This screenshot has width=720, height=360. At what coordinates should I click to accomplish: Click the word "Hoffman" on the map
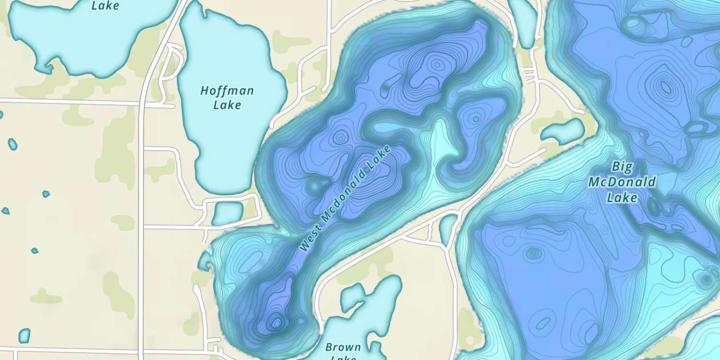227,91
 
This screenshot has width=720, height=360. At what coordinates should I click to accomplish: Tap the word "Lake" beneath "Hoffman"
227,105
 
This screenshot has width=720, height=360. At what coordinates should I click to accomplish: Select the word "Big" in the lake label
622,167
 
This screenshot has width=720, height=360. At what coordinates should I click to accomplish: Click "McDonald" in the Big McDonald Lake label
622,182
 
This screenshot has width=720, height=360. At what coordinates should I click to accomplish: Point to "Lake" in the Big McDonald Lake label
622,197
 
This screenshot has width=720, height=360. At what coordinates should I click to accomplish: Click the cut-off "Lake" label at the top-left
105,6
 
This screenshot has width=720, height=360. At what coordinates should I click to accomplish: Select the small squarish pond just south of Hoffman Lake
228,213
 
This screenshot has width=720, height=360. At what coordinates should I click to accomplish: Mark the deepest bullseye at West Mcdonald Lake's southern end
276,323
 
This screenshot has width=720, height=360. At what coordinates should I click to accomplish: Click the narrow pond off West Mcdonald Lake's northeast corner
523,22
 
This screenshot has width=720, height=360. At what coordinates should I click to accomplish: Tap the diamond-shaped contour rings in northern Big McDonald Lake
666,87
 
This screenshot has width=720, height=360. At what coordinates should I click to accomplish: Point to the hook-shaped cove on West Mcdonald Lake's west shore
205,262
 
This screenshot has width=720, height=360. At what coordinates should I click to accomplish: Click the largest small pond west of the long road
24,335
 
